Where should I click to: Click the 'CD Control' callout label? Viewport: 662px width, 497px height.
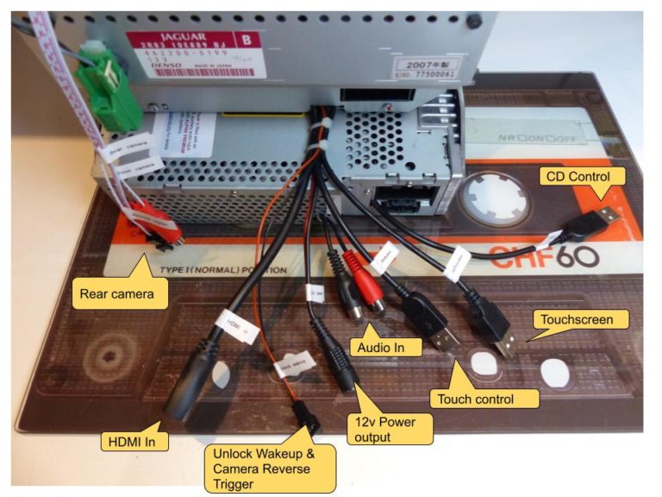[x=575, y=178]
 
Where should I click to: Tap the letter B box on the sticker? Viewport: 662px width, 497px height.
[x=247, y=40]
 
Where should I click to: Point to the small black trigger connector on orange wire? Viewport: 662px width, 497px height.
[x=306, y=417]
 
